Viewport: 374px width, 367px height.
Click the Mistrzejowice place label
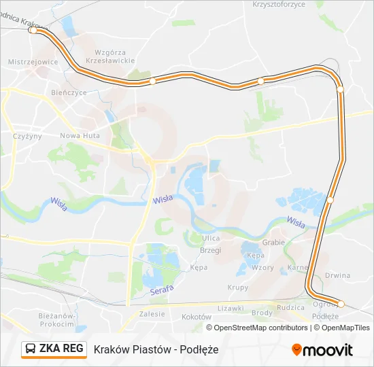click(31, 61)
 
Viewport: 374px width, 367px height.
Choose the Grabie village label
click(273, 242)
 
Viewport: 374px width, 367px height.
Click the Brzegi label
click(211, 250)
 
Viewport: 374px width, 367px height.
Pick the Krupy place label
click(238, 287)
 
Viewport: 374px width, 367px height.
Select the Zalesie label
click(152, 314)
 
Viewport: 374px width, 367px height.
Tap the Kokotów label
click(197, 317)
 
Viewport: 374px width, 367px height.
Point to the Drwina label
click(337, 275)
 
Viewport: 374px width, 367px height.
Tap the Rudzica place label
click(290, 307)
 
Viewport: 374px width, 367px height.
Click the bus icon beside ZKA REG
click(31, 349)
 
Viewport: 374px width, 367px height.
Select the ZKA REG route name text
click(61, 349)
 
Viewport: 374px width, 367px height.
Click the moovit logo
click(322, 350)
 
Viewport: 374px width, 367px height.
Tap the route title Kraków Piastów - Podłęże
click(151, 349)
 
